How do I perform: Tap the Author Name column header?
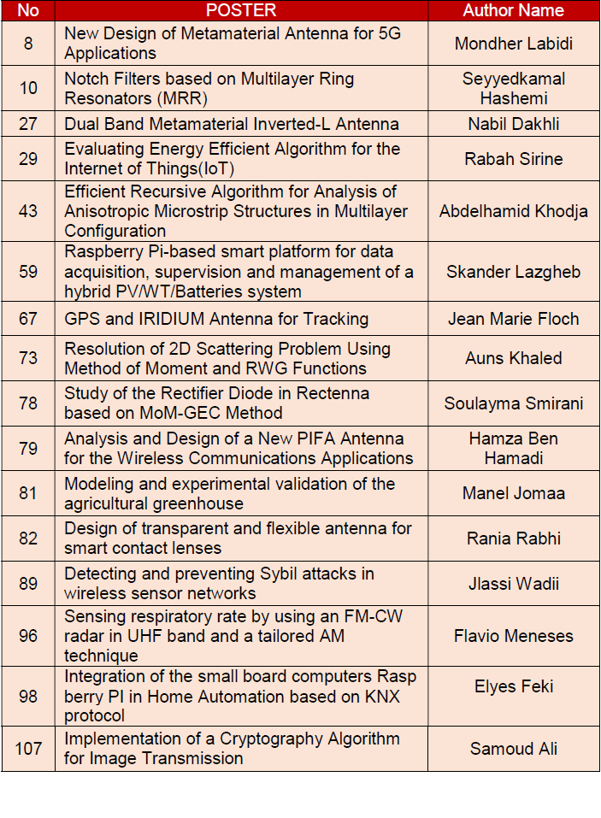(513, 10)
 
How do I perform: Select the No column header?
(28, 10)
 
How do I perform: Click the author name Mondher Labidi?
(513, 43)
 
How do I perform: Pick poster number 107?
(28, 749)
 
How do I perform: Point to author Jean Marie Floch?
(513, 319)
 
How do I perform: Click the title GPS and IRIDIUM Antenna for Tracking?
(216, 319)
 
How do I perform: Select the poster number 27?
(28, 123)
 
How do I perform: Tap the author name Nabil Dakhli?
(513, 123)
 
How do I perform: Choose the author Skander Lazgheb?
(513, 272)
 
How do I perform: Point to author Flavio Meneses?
(513, 636)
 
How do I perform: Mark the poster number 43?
(28, 210)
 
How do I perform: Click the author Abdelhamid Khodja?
(513, 210)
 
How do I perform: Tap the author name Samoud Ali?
(513, 749)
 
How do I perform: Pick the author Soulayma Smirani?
(513, 403)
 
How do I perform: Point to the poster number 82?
(28, 538)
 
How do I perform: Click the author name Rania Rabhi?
(513, 538)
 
